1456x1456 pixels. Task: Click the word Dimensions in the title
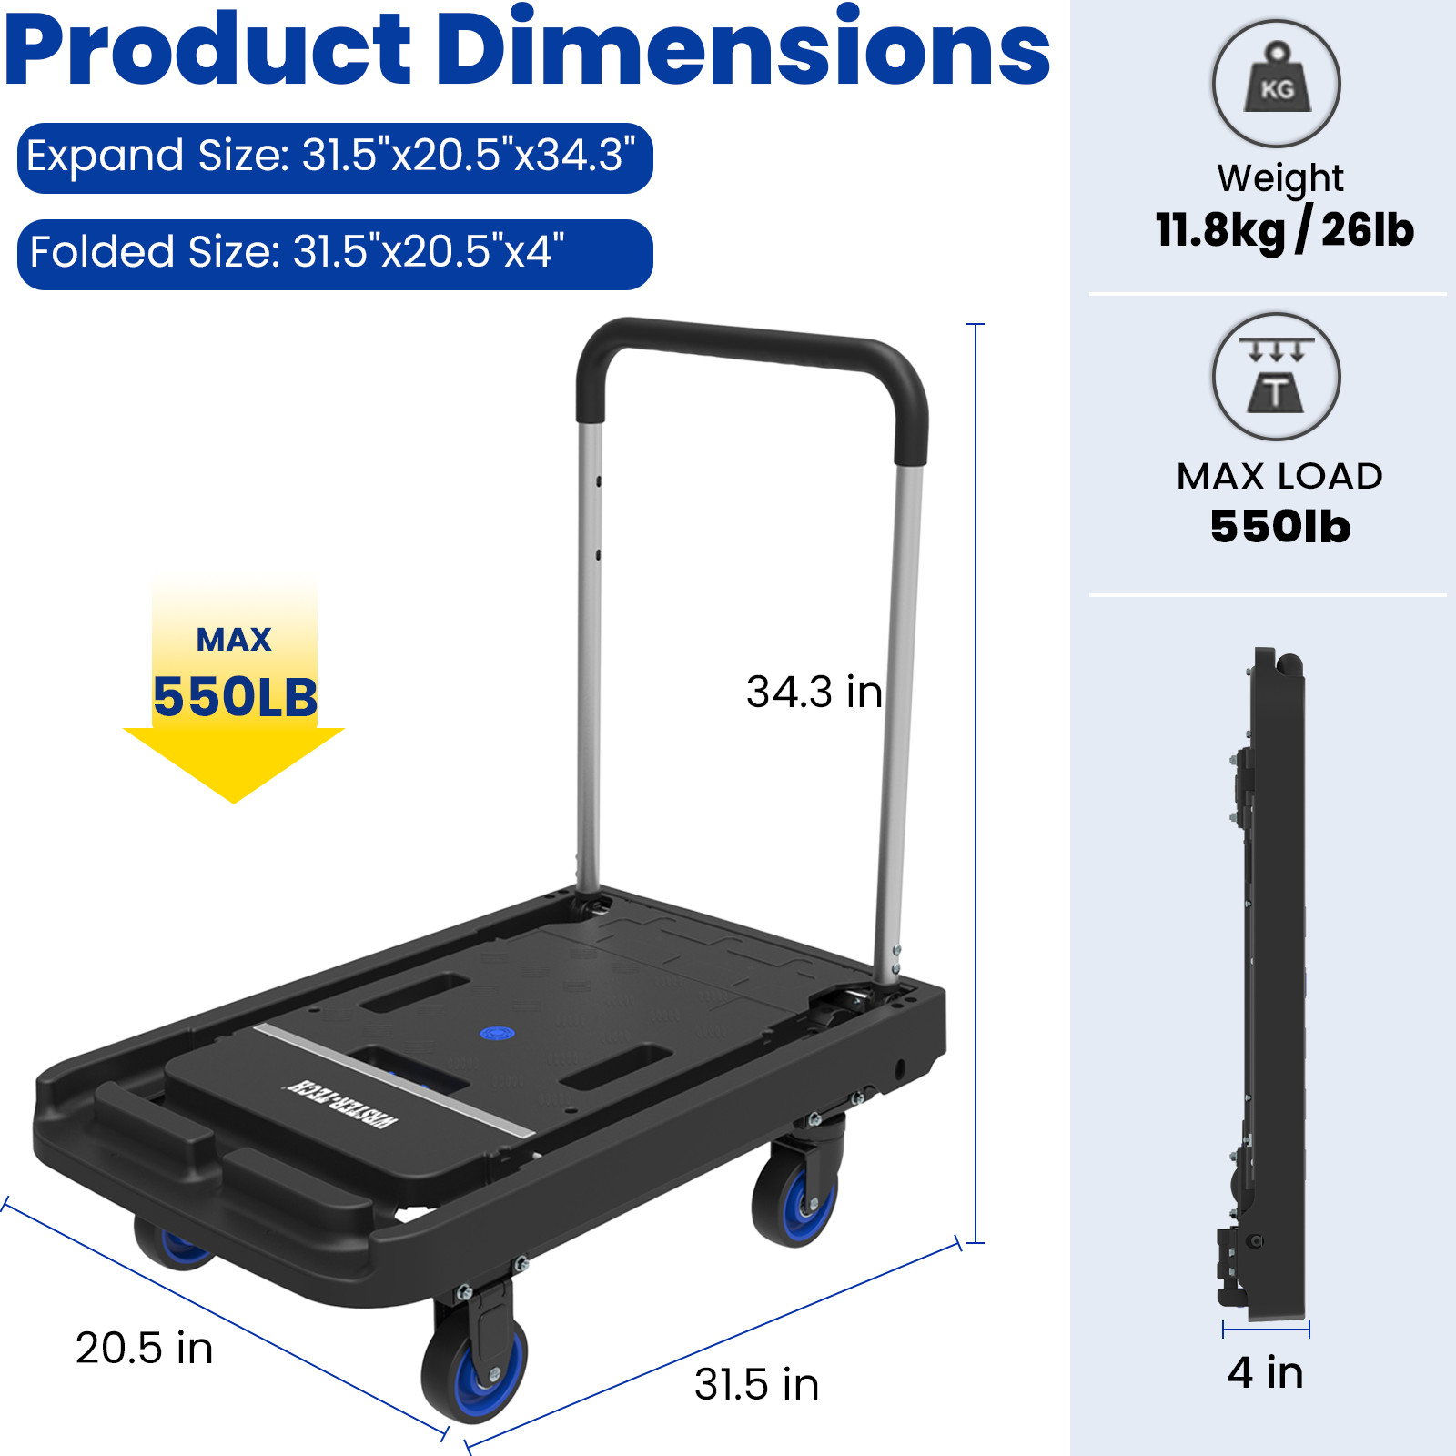click(x=743, y=50)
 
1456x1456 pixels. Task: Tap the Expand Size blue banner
click(x=334, y=157)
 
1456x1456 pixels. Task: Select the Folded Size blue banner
click(x=334, y=253)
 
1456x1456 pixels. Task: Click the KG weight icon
click(x=1276, y=84)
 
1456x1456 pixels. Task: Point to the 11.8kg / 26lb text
click(x=1284, y=230)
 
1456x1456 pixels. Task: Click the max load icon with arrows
click(x=1276, y=376)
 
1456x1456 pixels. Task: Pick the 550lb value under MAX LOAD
click(x=1279, y=527)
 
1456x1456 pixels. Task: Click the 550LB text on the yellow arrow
click(x=235, y=697)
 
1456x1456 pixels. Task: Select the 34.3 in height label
click(x=814, y=693)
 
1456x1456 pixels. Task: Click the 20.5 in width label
click(x=144, y=1348)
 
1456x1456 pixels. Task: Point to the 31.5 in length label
click(x=756, y=1384)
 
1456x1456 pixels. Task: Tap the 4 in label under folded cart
click(x=1265, y=1372)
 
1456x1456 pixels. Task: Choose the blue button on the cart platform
click(x=497, y=1033)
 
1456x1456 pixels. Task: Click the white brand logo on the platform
click(x=340, y=1103)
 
